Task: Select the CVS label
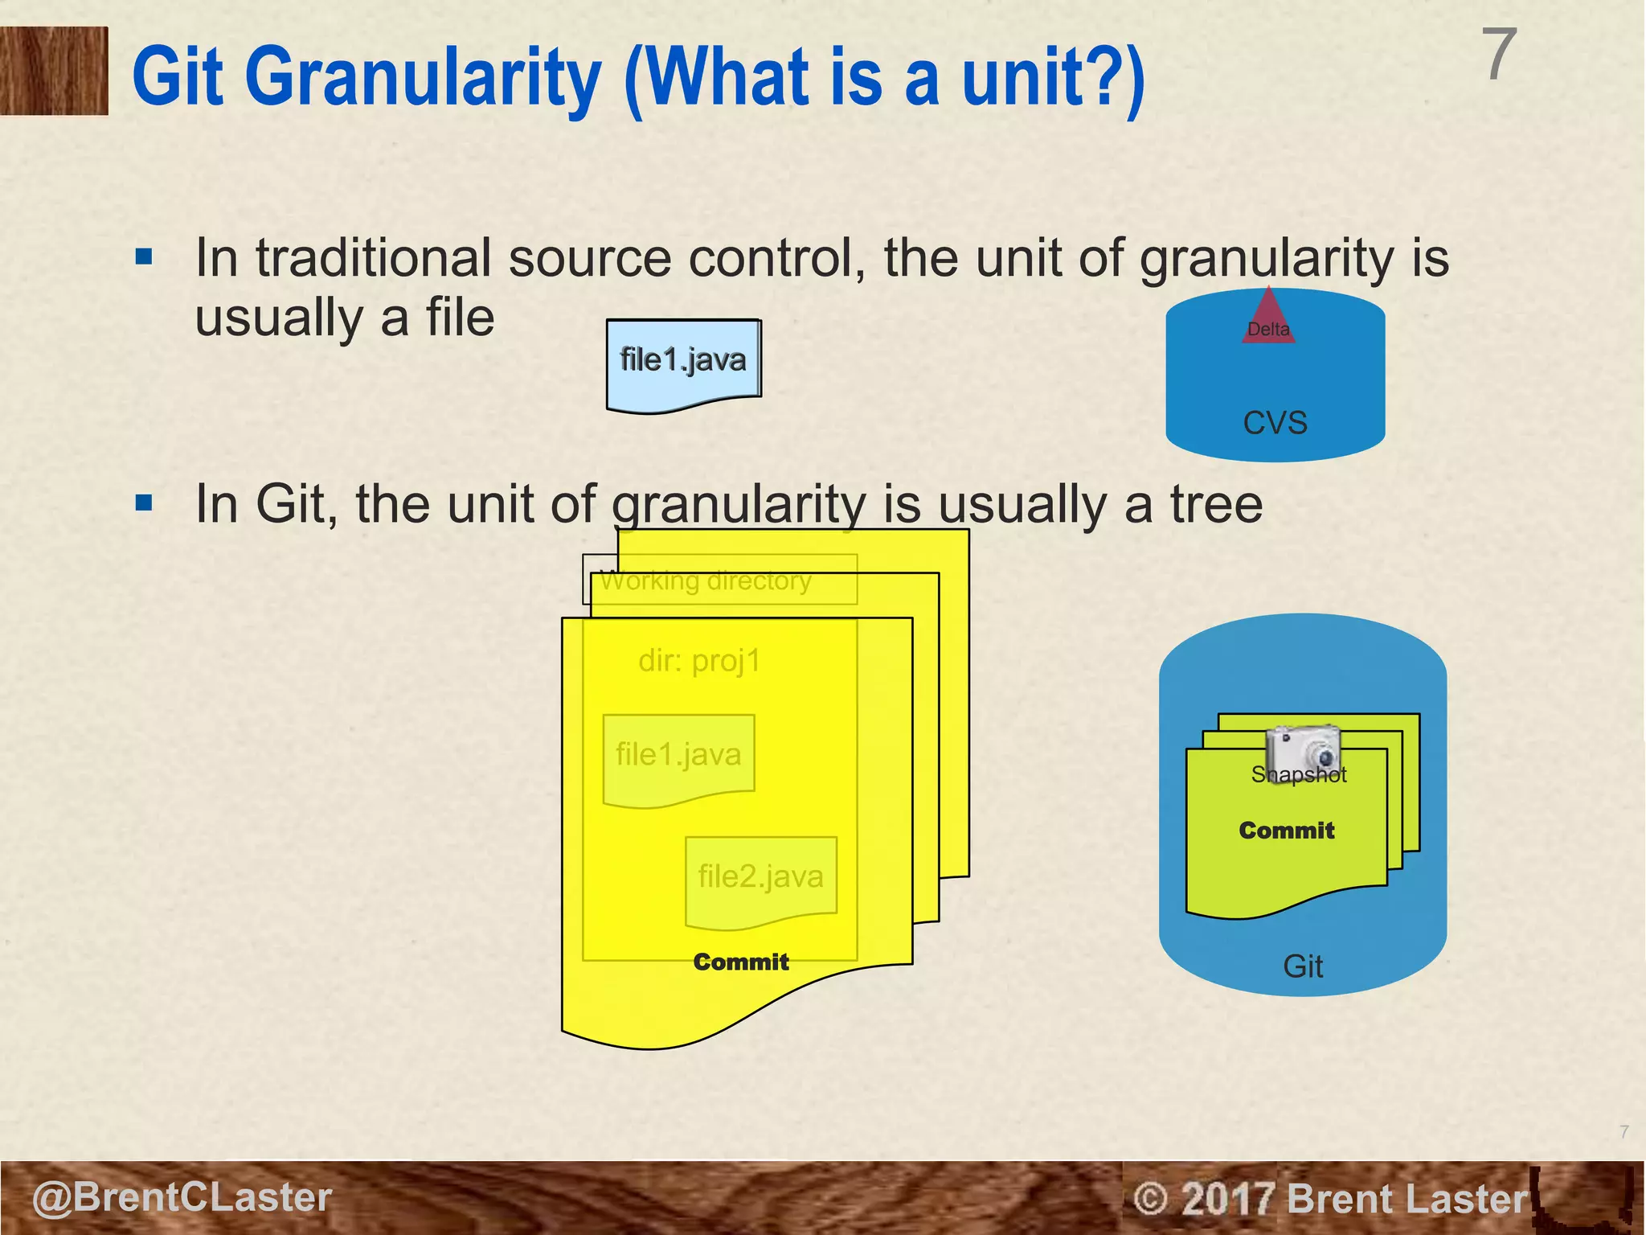click(1275, 422)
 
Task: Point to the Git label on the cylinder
click(1302, 966)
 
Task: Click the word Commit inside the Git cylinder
click(1286, 831)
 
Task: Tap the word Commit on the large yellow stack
click(740, 962)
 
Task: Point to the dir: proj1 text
click(699, 661)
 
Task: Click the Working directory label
click(706, 581)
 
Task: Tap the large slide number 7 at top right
click(1499, 55)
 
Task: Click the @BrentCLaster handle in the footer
click(182, 1197)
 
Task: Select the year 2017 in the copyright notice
click(1227, 1199)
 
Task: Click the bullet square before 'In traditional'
click(145, 257)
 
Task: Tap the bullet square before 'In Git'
click(145, 504)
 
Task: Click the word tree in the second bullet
click(1216, 504)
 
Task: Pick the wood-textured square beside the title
click(54, 71)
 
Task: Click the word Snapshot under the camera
click(1298, 774)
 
